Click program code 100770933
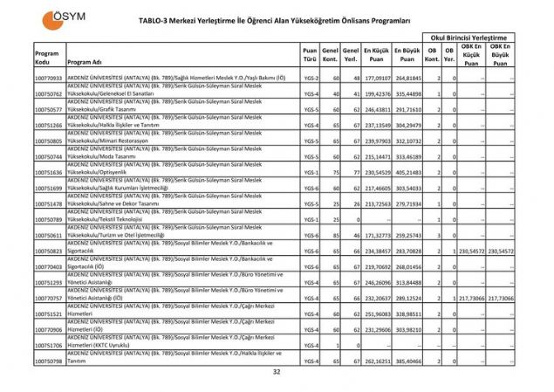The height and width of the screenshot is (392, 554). point(48,79)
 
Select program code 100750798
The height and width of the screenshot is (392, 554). point(48,359)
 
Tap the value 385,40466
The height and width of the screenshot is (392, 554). point(408,359)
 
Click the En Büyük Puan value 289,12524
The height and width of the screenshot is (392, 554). point(408,297)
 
